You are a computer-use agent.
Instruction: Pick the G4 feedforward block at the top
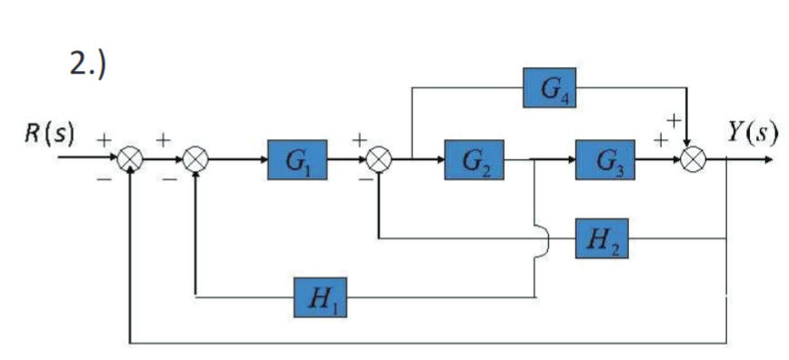550,88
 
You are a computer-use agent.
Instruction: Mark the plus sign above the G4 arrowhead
674,119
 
